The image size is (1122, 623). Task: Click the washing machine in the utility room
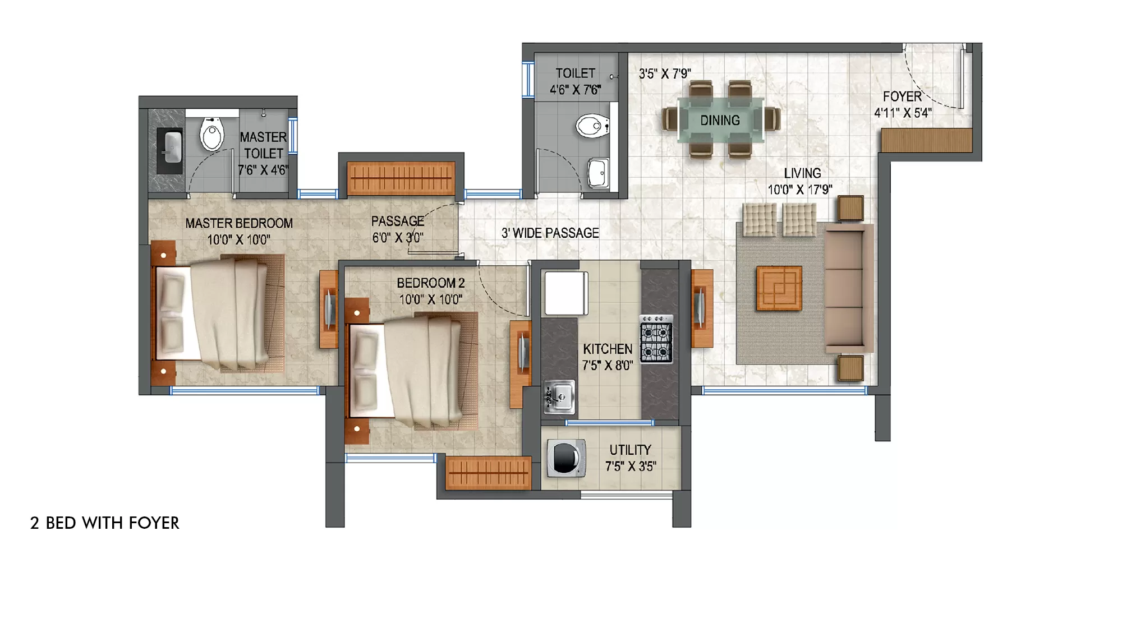coord(566,458)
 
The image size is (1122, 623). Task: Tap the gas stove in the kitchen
coord(656,339)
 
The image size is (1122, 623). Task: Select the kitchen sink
coord(559,397)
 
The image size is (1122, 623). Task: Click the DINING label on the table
coord(720,121)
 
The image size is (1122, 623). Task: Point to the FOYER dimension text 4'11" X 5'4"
coord(903,113)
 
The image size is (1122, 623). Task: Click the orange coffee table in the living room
coord(779,288)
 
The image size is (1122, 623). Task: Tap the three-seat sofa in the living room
coord(849,288)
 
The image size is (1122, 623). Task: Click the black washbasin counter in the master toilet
coord(169,151)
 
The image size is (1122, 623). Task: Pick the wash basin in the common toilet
coord(599,172)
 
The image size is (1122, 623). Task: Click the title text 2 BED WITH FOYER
coord(105,523)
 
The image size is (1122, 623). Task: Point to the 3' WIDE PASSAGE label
coord(550,233)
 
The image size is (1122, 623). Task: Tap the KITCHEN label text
coord(608,349)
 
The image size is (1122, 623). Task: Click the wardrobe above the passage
coord(401,178)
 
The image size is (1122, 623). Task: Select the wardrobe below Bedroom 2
coord(488,473)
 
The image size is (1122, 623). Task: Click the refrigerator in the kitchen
coord(567,293)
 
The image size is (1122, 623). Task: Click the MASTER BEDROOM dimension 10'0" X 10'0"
coord(239,240)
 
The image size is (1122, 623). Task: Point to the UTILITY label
coord(631,450)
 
